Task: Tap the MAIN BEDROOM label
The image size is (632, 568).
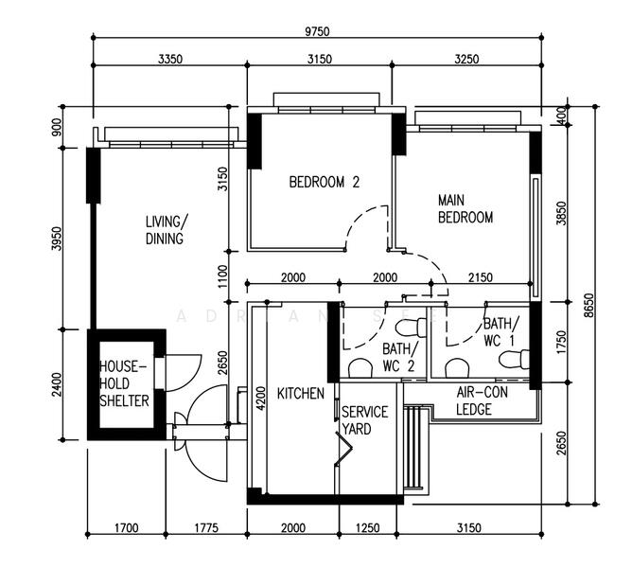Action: (465, 209)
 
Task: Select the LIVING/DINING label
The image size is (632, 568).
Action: (166, 230)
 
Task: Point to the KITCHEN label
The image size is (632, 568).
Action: (300, 393)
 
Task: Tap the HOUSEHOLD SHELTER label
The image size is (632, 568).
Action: (125, 383)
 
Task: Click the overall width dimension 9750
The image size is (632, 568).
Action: (317, 31)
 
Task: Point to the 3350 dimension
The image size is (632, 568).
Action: (168, 59)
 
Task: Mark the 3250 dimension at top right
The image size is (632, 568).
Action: (466, 59)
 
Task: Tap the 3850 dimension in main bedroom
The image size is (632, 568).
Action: (561, 213)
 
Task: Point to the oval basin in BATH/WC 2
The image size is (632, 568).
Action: (360, 367)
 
